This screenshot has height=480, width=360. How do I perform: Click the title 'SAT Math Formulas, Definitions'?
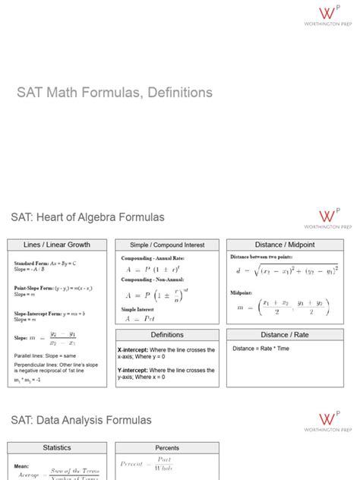pos(115,93)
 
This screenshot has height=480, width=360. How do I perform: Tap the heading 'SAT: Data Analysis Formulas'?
pos(81,419)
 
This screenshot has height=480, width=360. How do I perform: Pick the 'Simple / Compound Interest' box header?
pos(167,245)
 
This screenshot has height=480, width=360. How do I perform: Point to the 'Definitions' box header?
pos(167,334)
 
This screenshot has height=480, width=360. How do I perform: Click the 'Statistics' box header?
pos(57,448)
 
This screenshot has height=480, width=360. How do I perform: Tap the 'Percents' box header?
pos(167,448)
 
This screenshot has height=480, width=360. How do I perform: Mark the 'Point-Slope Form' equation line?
pos(53,289)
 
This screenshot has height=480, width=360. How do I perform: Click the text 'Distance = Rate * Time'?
pos(261,349)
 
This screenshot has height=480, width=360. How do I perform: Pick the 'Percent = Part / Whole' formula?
pos(148,464)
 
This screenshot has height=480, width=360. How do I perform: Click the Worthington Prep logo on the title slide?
pos(329,17)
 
